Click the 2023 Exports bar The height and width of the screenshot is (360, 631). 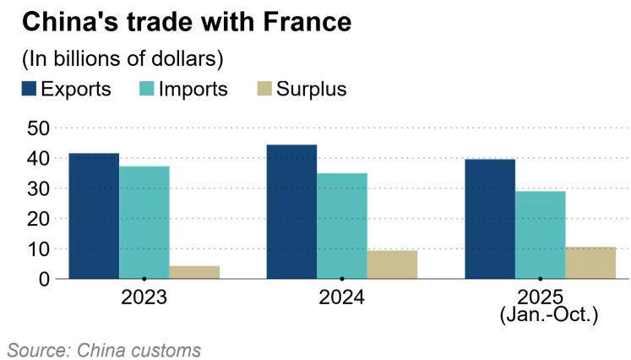point(94,215)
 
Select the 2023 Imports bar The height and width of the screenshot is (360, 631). point(144,222)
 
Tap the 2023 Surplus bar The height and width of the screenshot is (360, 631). point(194,272)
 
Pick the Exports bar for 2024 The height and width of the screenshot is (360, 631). point(291,211)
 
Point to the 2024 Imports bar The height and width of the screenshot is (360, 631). point(341,226)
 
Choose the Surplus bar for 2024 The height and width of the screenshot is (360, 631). point(392,265)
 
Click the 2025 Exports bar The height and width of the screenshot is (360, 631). point(489,219)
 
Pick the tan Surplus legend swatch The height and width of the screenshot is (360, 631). point(264,89)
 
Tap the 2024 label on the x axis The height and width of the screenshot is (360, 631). point(341,298)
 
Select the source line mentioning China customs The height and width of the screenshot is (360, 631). point(105,349)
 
